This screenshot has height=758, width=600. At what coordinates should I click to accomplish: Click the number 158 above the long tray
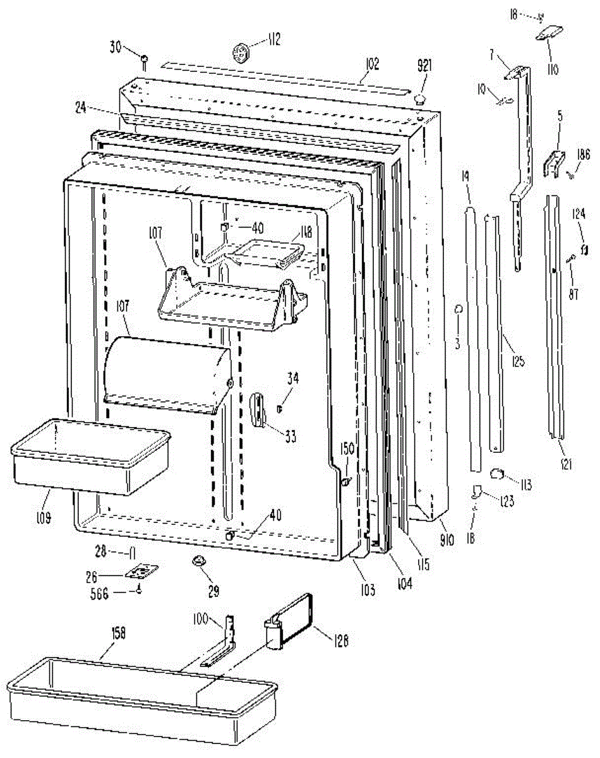(x=117, y=634)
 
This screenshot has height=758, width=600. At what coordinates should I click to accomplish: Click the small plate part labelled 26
(x=142, y=572)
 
